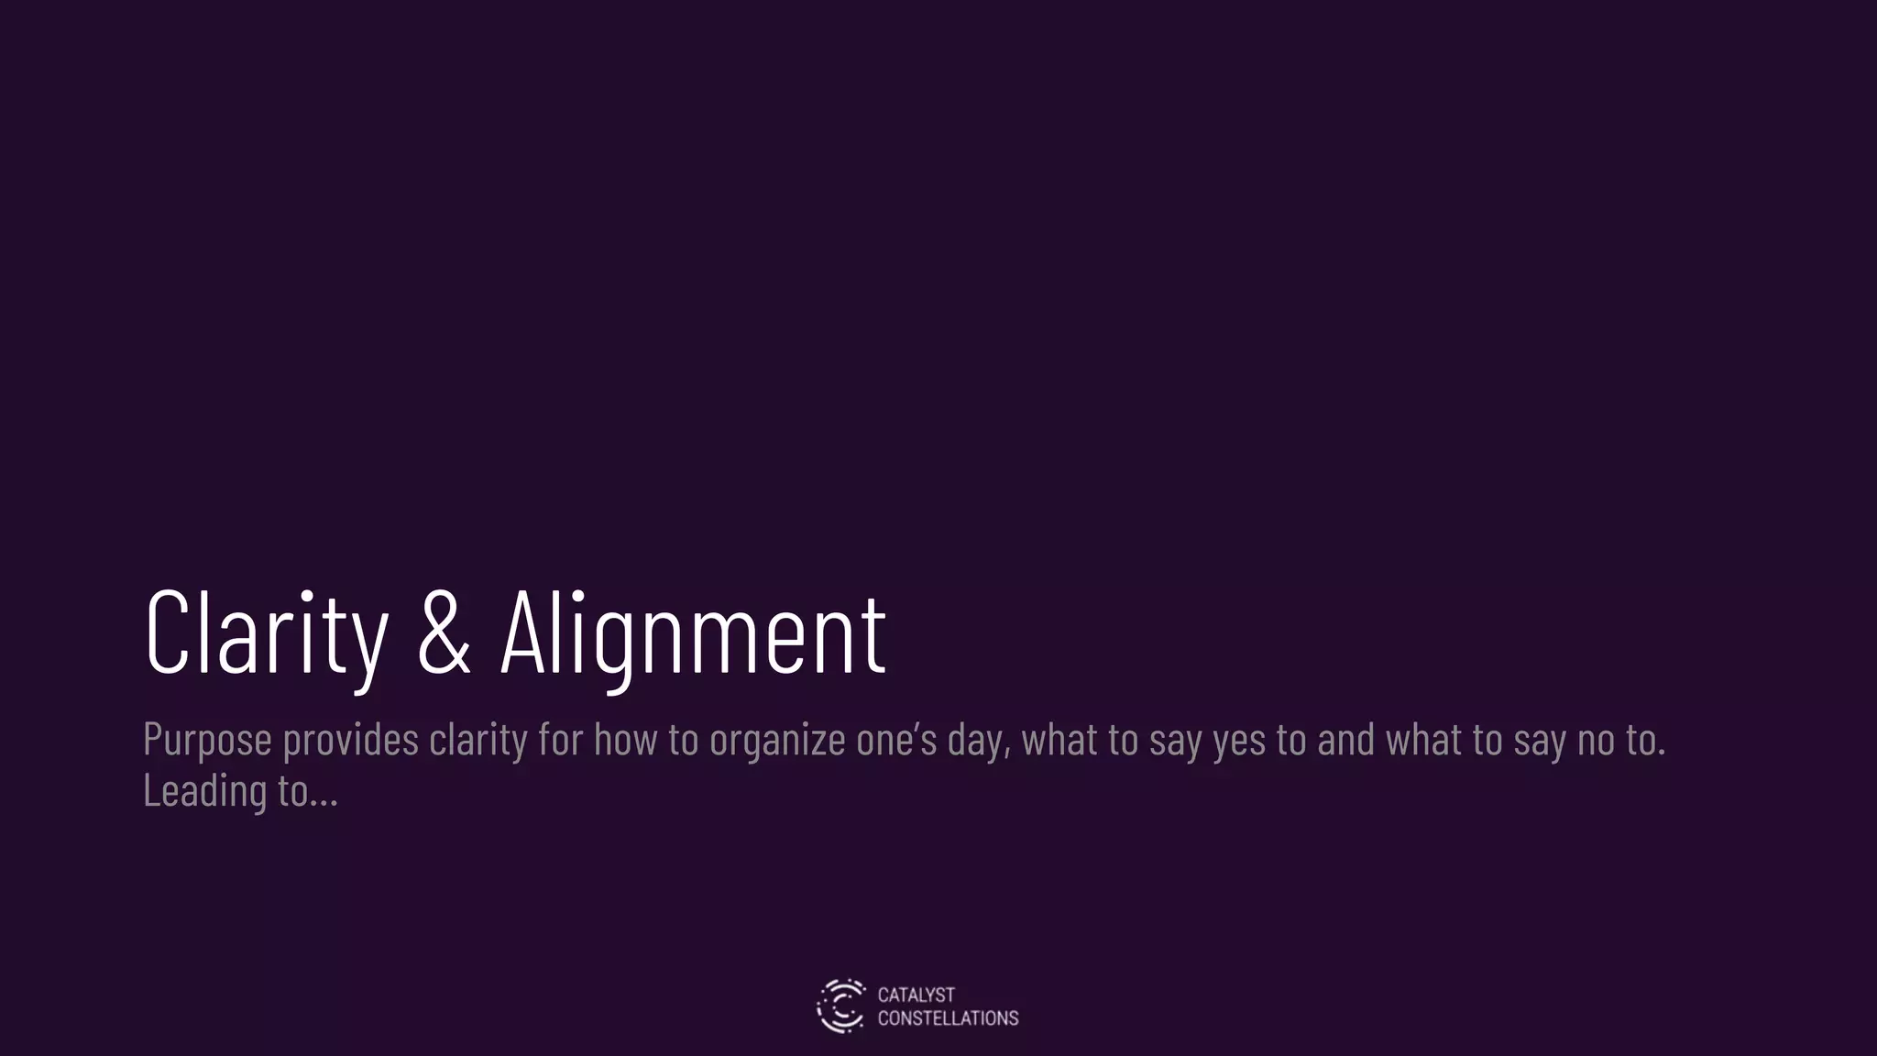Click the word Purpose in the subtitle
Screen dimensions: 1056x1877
pyautogui.click(x=207, y=741)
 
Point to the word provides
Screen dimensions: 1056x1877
pyautogui.click(x=350, y=741)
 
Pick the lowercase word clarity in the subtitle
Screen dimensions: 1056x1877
pyautogui.click(x=478, y=741)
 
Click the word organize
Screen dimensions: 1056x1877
pyautogui.click(x=777, y=741)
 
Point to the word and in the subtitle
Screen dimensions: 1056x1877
pyautogui.click(x=1345, y=739)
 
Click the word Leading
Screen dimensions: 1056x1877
pyautogui.click(x=204, y=790)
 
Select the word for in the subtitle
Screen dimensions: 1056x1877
pyautogui.click(x=561, y=739)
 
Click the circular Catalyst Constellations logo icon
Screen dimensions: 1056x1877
pyautogui.click(x=840, y=1006)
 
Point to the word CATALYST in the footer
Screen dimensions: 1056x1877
pyautogui.click(x=916, y=995)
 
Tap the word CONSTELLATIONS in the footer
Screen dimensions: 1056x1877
pyautogui.click(x=948, y=1018)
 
